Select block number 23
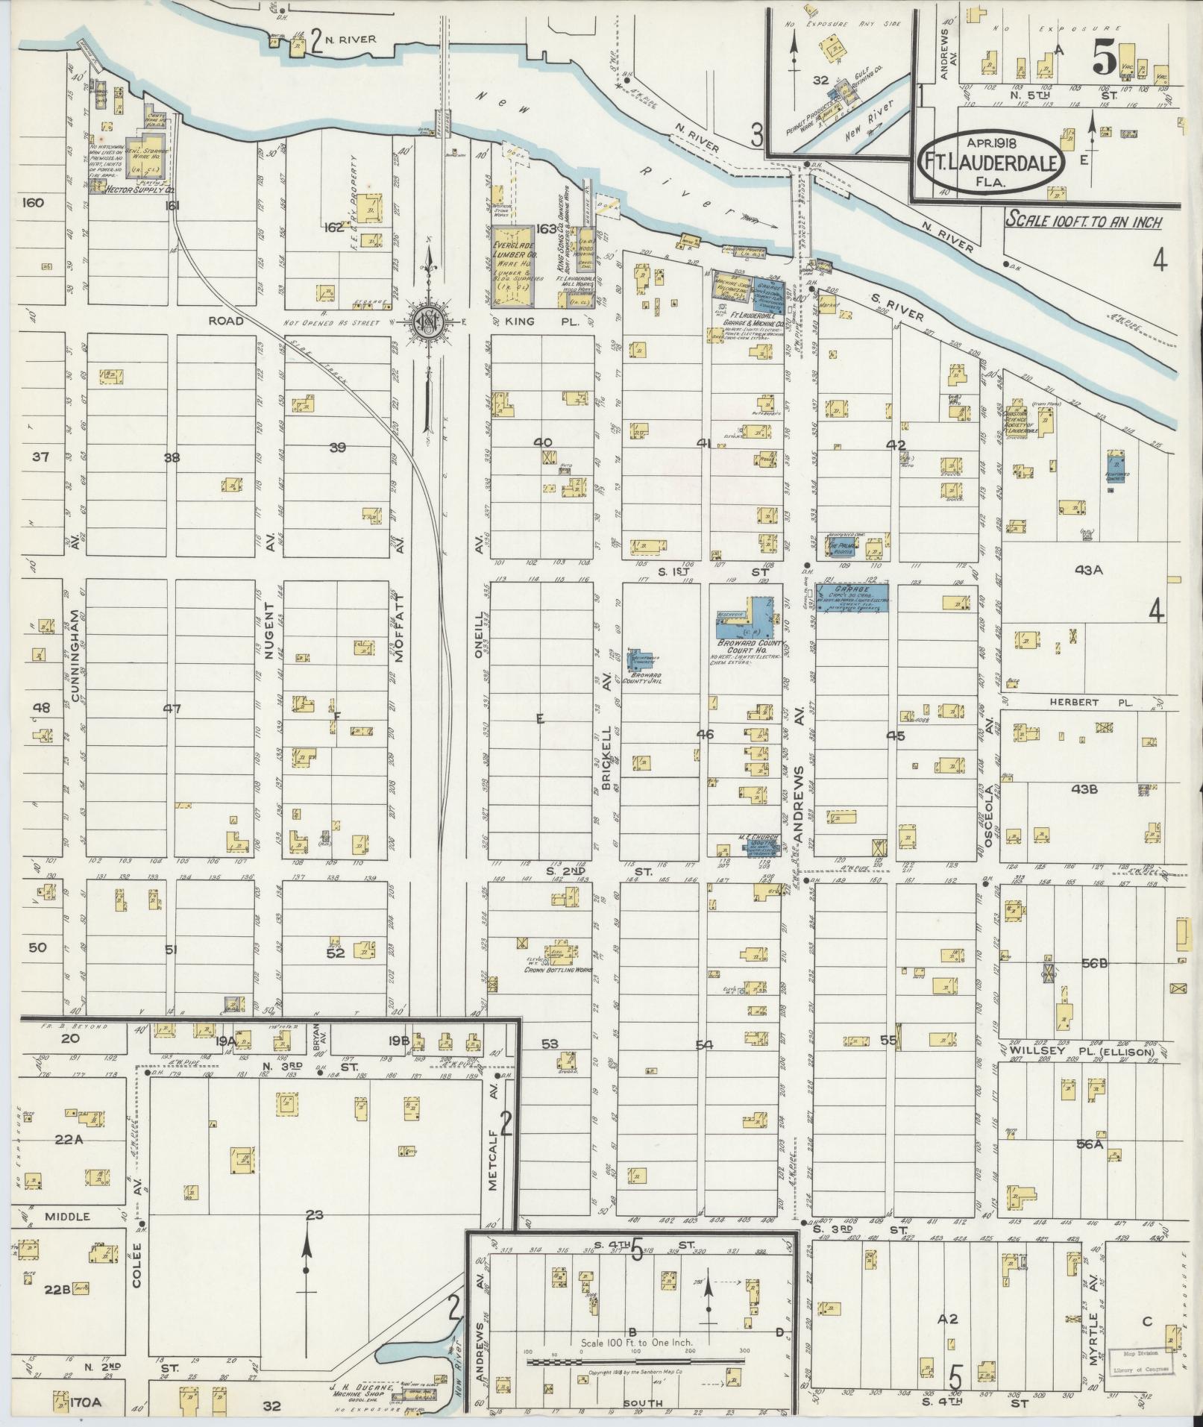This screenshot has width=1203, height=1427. click(x=315, y=1215)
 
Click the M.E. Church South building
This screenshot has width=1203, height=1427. click(x=759, y=843)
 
